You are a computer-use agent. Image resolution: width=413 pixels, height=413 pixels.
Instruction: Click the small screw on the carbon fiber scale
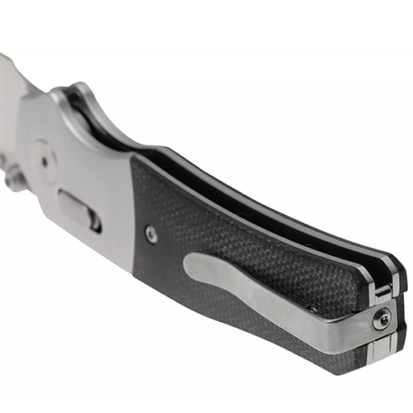point(151,235)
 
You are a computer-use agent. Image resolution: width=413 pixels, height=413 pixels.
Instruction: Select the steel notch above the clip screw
point(382,291)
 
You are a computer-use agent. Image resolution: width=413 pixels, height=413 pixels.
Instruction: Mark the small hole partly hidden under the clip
point(311,307)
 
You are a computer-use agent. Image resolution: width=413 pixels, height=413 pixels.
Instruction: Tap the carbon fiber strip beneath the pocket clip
point(273,343)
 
